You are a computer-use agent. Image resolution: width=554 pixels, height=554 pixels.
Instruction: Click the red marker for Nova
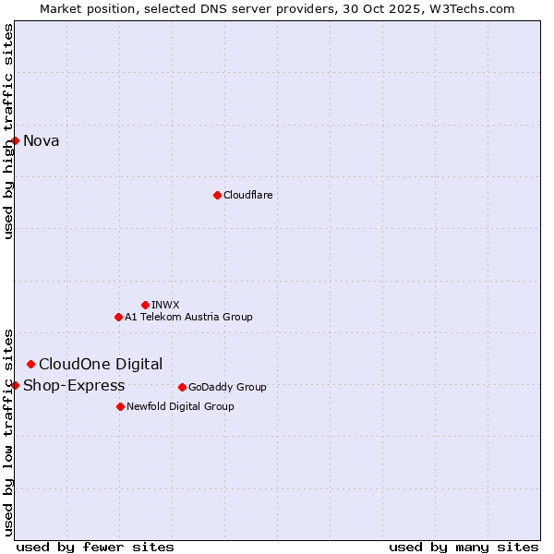pyautogui.click(x=16, y=140)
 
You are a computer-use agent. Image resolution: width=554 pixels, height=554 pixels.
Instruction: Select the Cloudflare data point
pyautogui.click(x=217, y=195)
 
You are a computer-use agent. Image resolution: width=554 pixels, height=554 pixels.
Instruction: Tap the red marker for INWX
pyautogui.click(x=145, y=305)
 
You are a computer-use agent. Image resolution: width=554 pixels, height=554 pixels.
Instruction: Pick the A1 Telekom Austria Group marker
pyautogui.click(x=118, y=317)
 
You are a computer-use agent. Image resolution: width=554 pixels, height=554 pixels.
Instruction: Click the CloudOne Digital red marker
pyautogui.click(x=30, y=364)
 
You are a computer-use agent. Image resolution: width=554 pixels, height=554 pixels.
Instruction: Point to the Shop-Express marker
pyautogui.click(x=16, y=385)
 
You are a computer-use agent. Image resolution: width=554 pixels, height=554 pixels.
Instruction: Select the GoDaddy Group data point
pyautogui.click(x=182, y=387)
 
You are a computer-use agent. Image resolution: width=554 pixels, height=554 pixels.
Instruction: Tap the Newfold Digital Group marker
pyautogui.click(x=120, y=406)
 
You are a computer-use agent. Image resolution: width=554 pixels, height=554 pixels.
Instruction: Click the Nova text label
pyautogui.click(x=41, y=141)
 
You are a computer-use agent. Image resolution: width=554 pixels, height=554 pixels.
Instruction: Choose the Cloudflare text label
pyautogui.click(x=247, y=196)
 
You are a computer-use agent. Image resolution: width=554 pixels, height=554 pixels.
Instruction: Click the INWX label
pyautogui.click(x=165, y=306)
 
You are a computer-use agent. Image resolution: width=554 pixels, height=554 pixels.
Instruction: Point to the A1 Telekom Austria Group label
pyautogui.click(x=188, y=318)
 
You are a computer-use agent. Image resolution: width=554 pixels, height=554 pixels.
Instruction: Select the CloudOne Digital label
pyautogui.click(x=101, y=365)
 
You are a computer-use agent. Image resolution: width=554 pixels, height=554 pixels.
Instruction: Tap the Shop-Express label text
pyautogui.click(x=74, y=386)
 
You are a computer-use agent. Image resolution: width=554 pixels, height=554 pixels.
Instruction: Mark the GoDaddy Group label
pyautogui.click(x=227, y=388)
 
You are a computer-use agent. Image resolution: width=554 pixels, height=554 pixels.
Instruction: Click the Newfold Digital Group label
pyautogui.click(x=180, y=407)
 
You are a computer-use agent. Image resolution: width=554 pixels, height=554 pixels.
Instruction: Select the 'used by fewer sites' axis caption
pyautogui.click(x=95, y=547)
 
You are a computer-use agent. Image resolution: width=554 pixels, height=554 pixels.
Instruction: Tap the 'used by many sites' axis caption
pyautogui.click(x=464, y=547)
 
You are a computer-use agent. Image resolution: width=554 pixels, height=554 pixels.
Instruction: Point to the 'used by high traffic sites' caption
pyautogui.click(x=8, y=131)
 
